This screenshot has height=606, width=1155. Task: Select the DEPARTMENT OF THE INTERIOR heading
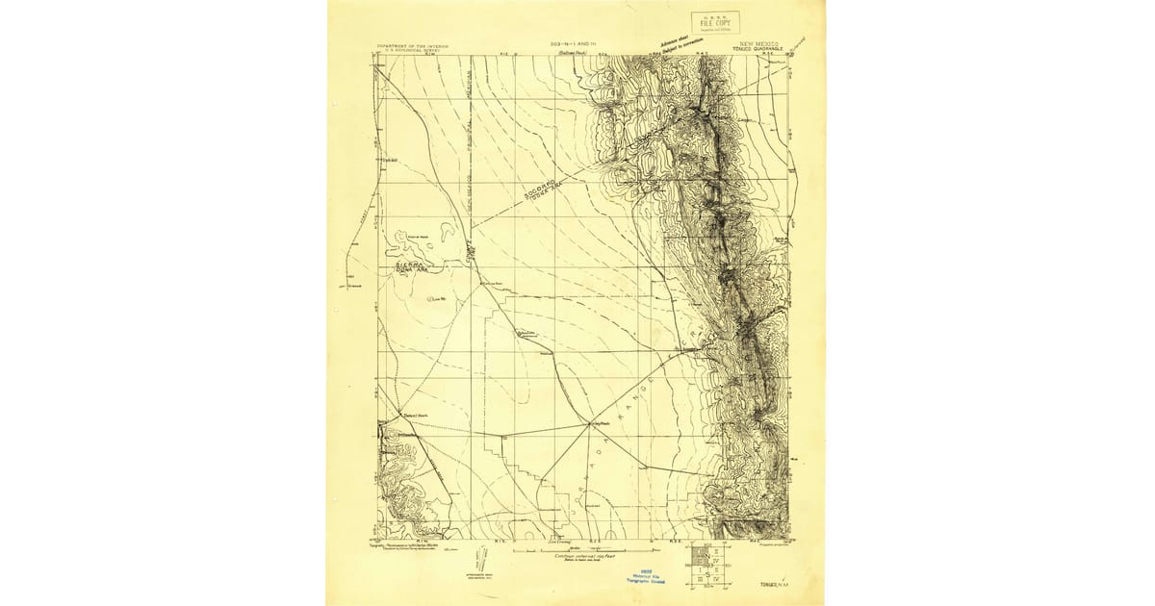[412, 45]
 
